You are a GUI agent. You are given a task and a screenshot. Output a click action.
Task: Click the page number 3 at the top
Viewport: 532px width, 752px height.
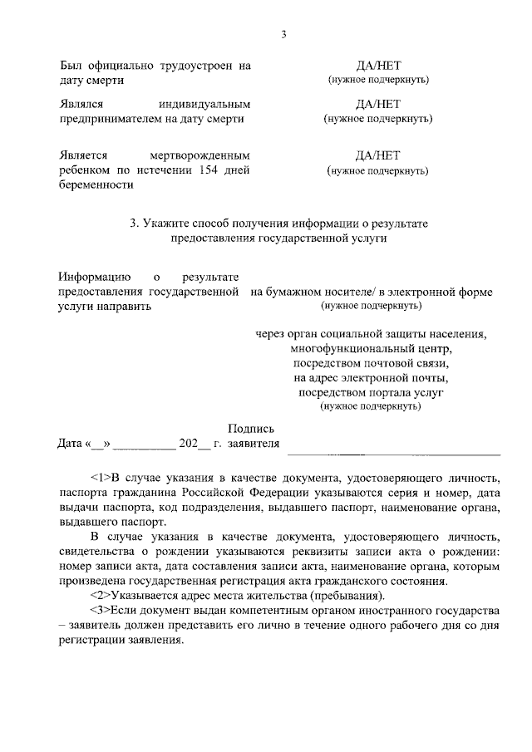[283, 34]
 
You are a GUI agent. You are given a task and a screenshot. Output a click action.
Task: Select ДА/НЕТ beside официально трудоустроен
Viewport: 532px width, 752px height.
[377, 65]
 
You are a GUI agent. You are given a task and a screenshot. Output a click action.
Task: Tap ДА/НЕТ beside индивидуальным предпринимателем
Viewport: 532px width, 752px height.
[377, 104]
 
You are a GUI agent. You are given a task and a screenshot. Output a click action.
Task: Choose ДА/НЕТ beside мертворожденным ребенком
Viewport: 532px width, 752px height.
[377, 155]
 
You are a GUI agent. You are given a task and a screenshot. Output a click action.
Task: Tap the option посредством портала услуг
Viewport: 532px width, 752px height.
[372, 391]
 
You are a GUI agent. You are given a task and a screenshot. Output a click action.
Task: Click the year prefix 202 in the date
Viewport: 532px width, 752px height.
[199, 444]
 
